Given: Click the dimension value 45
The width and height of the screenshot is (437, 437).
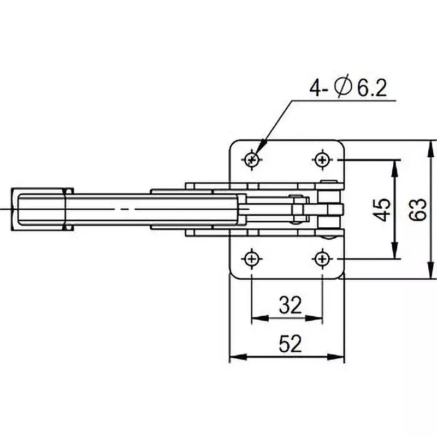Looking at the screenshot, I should tap(384, 209).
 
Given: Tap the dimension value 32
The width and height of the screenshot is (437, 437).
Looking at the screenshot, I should tap(290, 305).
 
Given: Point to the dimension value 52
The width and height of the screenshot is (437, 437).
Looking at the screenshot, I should tap(290, 344).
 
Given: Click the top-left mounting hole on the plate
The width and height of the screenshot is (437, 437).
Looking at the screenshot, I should tap(251, 160).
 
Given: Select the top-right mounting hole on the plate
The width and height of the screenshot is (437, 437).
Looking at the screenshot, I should tap(323, 160).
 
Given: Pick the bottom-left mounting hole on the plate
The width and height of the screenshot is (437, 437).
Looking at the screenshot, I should tap(251, 258).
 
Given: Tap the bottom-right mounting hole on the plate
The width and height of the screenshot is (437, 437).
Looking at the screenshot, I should tap(323, 258).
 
